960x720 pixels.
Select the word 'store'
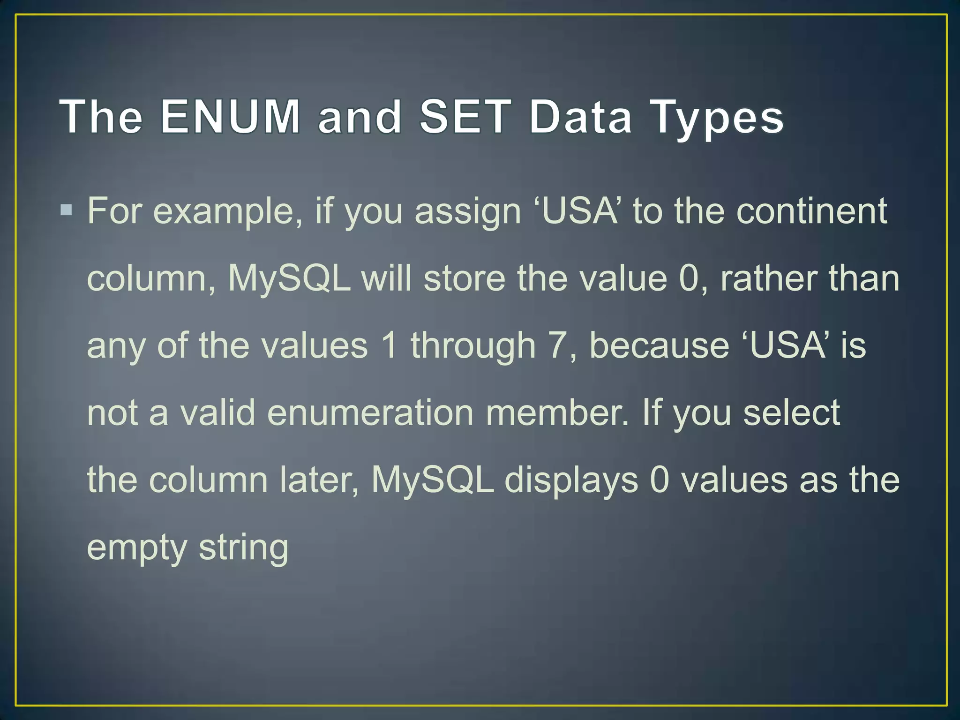click(464, 278)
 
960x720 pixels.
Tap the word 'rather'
click(769, 278)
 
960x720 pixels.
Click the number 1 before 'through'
click(390, 345)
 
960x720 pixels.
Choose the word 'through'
click(473, 347)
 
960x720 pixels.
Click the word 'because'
click(659, 345)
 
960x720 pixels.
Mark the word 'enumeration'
click(370, 413)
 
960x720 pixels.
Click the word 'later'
click(319, 480)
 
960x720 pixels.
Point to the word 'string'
click(243, 548)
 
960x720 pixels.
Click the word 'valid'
click(217, 413)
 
